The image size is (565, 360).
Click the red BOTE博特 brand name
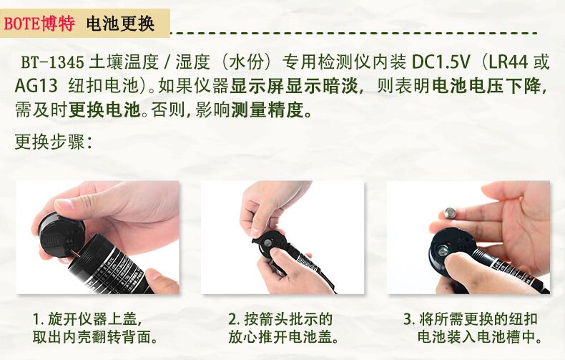pyautogui.click(x=39, y=24)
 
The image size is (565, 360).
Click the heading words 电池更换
pyautogui.click(x=120, y=24)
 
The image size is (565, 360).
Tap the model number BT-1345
pyautogui.click(x=53, y=62)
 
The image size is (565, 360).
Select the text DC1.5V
pyautogui.click(x=441, y=62)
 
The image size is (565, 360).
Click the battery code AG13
pyautogui.click(x=36, y=86)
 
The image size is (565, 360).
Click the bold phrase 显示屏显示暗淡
pyautogui.click(x=294, y=86)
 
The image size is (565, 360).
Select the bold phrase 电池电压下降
pyautogui.click(x=486, y=86)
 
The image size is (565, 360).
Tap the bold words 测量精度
pyautogui.click(x=267, y=110)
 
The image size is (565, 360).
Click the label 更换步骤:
pyautogui.click(x=54, y=142)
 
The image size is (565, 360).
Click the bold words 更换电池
pyautogui.click(x=104, y=110)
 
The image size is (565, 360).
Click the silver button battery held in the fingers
pyautogui.click(x=451, y=213)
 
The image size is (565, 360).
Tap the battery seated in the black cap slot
pyautogui.click(x=442, y=250)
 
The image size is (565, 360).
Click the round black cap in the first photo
pyautogui.click(x=61, y=235)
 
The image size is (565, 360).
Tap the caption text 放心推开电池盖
pyautogui.click(x=284, y=337)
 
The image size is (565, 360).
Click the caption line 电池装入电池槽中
pyautogui.click(x=480, y=337)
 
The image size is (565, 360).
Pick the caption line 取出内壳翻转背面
pyautogui.click(x=95, y=337)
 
